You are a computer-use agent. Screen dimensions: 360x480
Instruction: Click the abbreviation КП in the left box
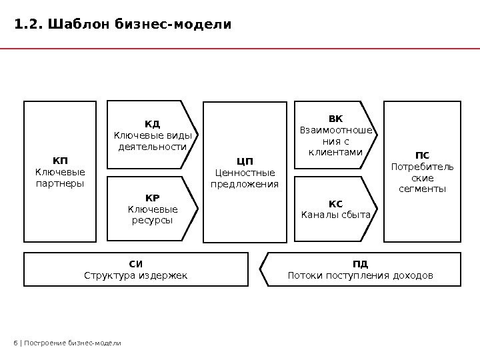(x=60, y=161)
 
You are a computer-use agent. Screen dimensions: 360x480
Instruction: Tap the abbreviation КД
(x=153, y=124)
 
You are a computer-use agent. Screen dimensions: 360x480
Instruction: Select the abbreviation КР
(x=153, y=197)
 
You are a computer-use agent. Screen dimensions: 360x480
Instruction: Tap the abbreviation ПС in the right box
(x=421, y=155)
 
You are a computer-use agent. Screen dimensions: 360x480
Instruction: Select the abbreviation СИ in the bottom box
(x=135, y=263)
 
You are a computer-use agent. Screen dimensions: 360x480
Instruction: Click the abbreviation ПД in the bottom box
(x=360, y=263)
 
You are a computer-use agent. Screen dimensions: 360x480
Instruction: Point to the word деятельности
(x=153, y=147)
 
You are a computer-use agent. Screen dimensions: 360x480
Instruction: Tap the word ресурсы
(x=153, y=221)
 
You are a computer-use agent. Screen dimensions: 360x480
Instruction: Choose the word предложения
(x=245, y=184)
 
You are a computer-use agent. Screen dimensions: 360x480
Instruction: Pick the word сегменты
(x=421, y=190)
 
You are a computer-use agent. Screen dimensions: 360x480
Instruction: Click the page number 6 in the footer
(x=15, y=343)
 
